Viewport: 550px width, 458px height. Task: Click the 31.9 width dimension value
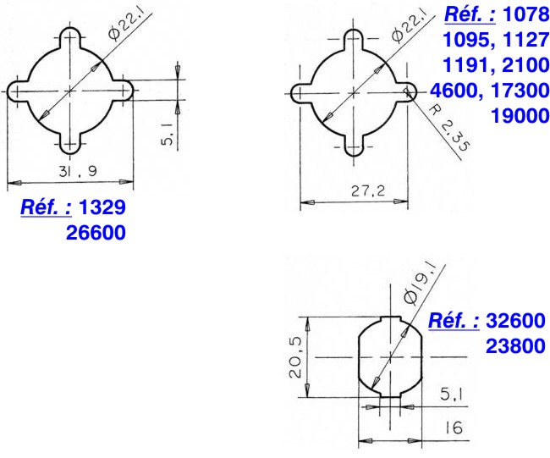coord(78,171)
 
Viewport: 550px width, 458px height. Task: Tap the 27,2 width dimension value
coord(368,191)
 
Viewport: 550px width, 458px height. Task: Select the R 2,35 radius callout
coord(449,129)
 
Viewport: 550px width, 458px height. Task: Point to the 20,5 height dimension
coord(295,357)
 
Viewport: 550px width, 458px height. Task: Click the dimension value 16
coord(454,428)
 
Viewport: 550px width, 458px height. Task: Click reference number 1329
coord(102,207)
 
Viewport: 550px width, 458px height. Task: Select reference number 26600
coord(96,233)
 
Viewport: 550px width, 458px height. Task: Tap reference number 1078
coord(525,14)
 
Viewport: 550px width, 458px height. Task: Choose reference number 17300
coord(520,91)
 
